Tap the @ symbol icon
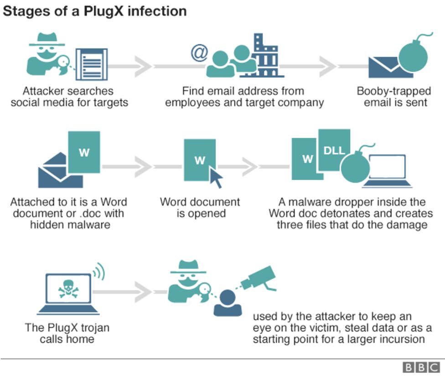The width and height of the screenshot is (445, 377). pyautogui.click(x=199, y=52)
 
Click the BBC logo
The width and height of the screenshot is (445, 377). pyautogui.click(x=420, y=367)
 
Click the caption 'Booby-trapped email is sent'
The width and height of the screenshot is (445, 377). pyautogui.click(x=393, y=96)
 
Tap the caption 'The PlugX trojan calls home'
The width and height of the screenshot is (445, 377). pyautogui.click(x=67, y=333)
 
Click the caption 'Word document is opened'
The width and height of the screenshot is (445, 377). pyautogui.click(x=200, y=207)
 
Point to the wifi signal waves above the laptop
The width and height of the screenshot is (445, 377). pyautogui.click(x=98, y=273)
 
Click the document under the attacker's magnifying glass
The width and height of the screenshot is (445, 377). pyautogui.click(x=91, y=64)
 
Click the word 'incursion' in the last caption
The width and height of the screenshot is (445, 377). pyautogui.click(x=402, y=339)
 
